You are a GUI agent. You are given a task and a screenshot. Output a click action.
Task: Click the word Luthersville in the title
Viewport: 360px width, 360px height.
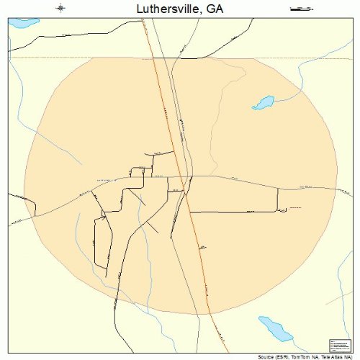click(x=165, y=9)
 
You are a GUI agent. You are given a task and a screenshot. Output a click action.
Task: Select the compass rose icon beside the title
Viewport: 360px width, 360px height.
click(x=61, y=9)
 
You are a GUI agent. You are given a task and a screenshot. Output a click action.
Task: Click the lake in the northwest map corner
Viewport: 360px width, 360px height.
click(x=23, y=23)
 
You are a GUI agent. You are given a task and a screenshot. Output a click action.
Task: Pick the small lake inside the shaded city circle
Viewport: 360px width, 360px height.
click(x=264, y=102)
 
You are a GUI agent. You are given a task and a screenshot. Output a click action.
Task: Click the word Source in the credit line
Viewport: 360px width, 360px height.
click(x=266, y=356)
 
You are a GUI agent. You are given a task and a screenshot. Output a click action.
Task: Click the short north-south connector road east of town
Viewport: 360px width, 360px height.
click(x=278, y=199)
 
